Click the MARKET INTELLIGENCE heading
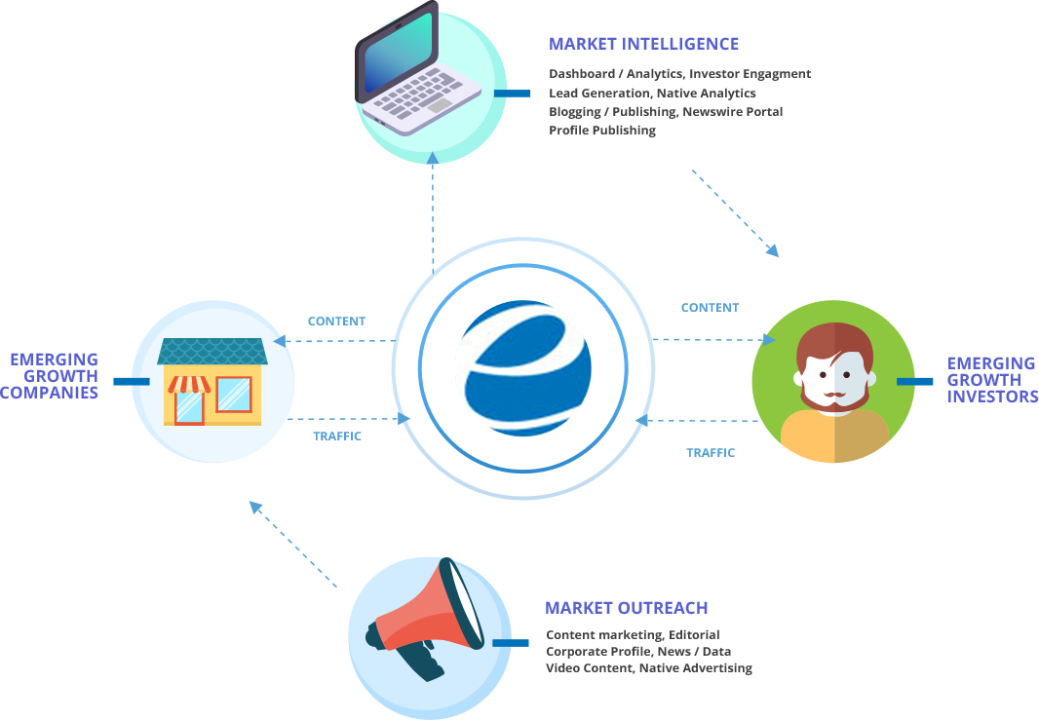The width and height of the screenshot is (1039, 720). [x=643, y=44]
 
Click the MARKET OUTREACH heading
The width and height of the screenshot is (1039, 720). [x=626, y=608]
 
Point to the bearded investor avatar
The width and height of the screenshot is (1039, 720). [x=833, y=382]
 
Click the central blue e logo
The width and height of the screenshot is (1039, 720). [x=522, y=368]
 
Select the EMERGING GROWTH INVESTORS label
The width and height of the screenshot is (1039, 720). [x=991, y=379]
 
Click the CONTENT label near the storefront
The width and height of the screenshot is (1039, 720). [x=336, y=321]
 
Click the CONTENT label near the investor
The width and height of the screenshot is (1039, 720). [x=710, y=307]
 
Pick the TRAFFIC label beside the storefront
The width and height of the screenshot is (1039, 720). [x=337, y=436]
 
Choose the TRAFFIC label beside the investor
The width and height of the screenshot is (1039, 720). [x=711, y=452]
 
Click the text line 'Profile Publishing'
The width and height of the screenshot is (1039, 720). [x=602, y=131]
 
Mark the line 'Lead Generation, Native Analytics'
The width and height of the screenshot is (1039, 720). [x=652, y=93]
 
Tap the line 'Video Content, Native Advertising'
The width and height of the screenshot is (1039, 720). [x=648, y=668]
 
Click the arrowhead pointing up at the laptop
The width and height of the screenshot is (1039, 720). [x=433, y=157]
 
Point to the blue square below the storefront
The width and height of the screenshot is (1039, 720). [x=255, y=507]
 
